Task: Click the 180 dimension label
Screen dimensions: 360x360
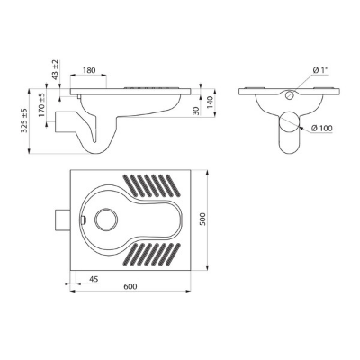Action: coord(89,70)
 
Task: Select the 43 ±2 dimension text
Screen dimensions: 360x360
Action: coord(56,70)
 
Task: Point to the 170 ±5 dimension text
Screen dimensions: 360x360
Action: coord(41,105)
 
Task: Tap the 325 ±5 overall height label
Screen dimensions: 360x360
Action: coord(24,121)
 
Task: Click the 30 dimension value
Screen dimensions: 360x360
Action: coord(196,111)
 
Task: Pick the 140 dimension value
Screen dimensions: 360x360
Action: coord(210,103)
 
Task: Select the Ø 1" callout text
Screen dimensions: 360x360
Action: coord(320,70)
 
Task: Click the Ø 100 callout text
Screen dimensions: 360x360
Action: coord(322,129)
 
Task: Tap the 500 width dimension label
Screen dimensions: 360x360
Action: coord(203,220)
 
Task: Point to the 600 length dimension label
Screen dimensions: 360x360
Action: coord(130,286)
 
